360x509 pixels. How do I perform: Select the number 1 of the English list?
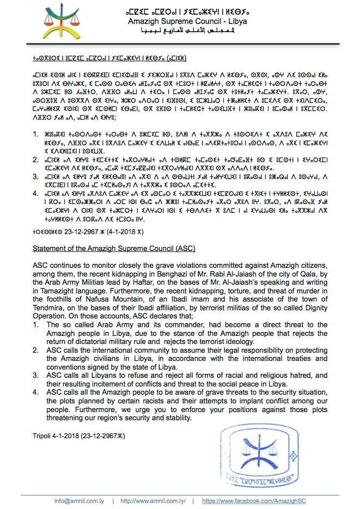point(35,325)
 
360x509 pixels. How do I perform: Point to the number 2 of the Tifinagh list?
point(35,160)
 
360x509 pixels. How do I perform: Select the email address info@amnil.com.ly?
point(81,500)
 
